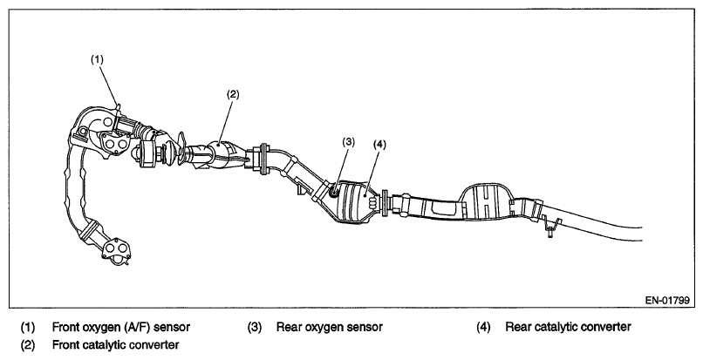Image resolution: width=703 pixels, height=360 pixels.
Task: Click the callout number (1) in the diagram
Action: tap(98, 58)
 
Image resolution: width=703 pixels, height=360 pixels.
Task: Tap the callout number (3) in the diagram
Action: tap(348, 142)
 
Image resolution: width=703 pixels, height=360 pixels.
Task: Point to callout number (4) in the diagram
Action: tap(379, 145)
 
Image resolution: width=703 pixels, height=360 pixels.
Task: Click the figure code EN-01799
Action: tap(667, 301)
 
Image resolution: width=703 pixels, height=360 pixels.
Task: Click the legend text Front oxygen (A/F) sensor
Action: tap(121, 327)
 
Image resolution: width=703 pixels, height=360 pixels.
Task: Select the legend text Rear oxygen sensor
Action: tap(330, 327)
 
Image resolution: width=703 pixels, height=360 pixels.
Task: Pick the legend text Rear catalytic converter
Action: tap(568, 327)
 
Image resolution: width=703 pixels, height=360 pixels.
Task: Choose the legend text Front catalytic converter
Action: tap(116, 345)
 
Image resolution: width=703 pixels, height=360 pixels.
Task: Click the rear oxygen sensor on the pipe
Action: tap(334, 193)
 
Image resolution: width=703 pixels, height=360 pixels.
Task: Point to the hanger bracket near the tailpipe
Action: tap(550, 225)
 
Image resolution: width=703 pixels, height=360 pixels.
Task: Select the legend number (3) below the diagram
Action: tap(254, 327)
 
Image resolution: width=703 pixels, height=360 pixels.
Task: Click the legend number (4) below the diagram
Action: tap(484, 327)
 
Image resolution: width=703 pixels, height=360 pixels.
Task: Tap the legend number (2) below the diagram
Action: tap(27, 345)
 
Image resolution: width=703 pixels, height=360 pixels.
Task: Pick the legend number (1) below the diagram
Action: tap(27, 327)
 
